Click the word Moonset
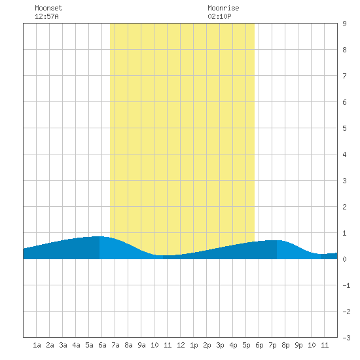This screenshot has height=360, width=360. [x=48, y=8]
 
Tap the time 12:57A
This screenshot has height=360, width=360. [x=46, y=16]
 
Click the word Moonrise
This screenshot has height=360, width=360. [x=223, y=8]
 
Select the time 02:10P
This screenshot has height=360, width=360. [x=219, y=16]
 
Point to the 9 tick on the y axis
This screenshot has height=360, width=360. [x=344, y=24]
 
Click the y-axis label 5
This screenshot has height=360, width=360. [x=344, y=128]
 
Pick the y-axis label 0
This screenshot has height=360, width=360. [x=344, y=259]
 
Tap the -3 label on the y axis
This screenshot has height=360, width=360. [x=346, y=338]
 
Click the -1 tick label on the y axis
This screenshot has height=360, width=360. [x=346, y=285]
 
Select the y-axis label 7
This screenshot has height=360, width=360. [x=344, y=76]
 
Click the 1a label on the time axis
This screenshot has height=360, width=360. [x=37, y=345]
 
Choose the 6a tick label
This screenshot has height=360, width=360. [x=102, y=345]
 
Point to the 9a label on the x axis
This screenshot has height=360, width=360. [x=141, y=345]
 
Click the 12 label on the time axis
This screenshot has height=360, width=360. [x=181, y=345]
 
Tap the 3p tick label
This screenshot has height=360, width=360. [x=220, y=345]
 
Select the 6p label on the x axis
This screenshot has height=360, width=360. [x=259, y=345]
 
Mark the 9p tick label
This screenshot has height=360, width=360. [x=298, y=345]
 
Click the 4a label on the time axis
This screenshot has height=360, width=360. [x=76, y=345]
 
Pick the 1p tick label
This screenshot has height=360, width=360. [x=194, y=345]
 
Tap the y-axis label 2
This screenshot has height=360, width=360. [x=344, y=207]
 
